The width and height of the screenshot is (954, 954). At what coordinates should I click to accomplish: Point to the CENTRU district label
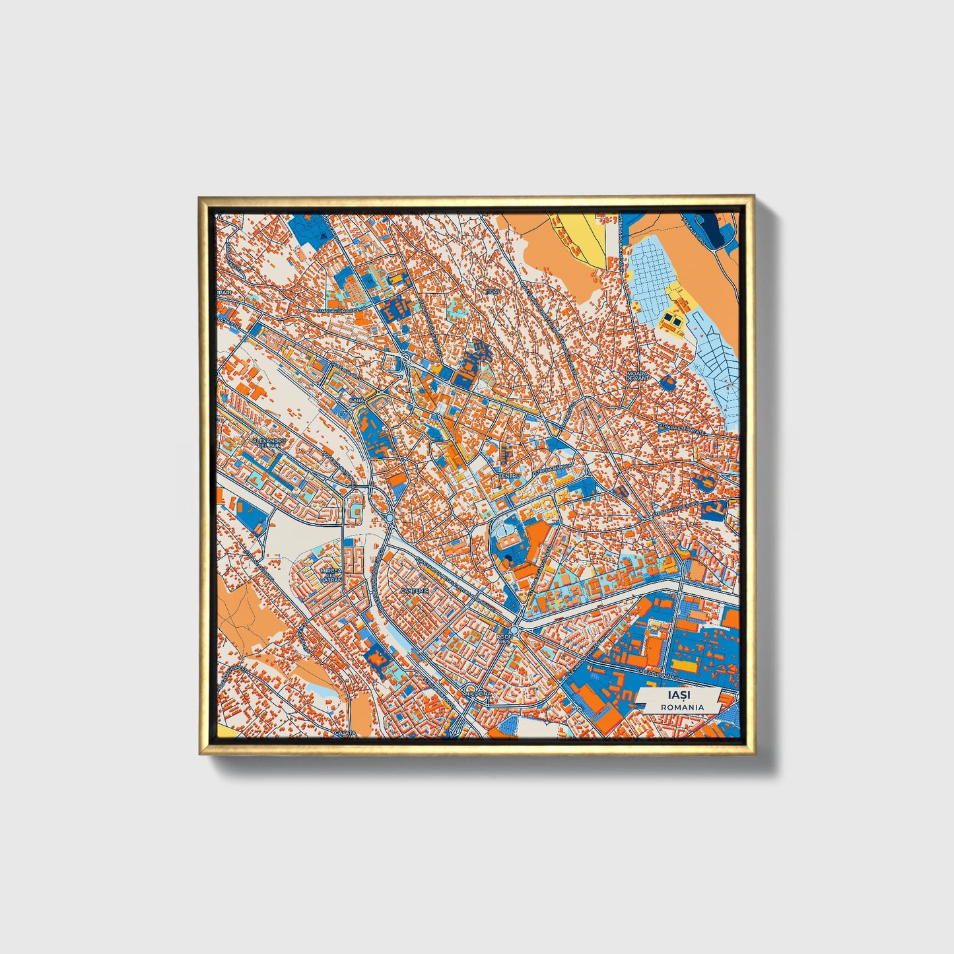[509, 475]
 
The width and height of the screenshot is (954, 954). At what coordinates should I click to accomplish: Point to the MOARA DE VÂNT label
[638, 375]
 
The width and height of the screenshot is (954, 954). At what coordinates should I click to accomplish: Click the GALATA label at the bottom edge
[345, 732]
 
